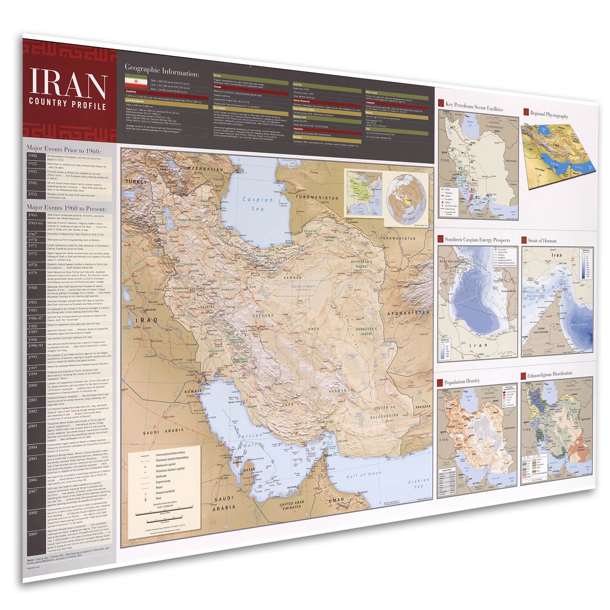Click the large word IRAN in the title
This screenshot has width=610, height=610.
click(68, 83)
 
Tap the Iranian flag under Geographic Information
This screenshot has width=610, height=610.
click(136, 82)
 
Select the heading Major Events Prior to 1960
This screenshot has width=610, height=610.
click(63, 149)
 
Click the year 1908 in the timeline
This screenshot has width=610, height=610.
click(33, 156)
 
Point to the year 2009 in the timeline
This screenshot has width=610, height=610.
click(33, 534)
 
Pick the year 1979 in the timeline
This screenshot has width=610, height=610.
click(33, 273)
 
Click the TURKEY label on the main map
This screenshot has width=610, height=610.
click(136, 182)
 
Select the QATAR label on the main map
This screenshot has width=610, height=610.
click(249, 470)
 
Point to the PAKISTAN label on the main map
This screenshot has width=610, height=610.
click(423, 407)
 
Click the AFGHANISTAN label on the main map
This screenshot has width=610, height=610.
click(408, 313)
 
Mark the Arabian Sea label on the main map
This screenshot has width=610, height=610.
click(418, 483)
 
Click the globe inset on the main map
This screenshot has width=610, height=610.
click(407, 201)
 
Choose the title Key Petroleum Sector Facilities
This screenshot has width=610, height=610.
click(474, 106)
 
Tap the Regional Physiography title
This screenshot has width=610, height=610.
click(549, 114)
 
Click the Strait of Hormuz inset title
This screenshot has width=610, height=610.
click(542, 241)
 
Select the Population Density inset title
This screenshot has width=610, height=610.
click(462, 382)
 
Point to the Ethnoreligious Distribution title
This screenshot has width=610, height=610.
click(549, 375)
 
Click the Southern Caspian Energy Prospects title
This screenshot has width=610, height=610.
click(477, 240)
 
